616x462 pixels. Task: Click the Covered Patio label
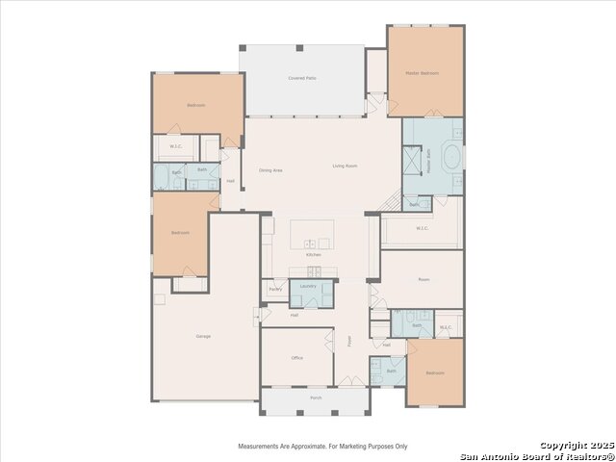pos(302,78)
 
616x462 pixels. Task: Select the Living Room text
pos(346,167)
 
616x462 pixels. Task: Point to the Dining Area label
pos(270,170)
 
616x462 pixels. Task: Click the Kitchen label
pos(314,254)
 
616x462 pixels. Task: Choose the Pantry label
pos(274,289)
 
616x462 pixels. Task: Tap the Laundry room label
pos(308,286)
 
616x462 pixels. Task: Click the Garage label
pos(203,336)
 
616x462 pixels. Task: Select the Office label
pos(297,357)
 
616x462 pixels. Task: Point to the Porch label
pos(316,398)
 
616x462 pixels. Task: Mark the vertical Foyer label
pos(350,339)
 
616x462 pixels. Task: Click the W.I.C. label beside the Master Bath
pos(422,228)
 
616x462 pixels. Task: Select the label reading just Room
pos(423,279)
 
